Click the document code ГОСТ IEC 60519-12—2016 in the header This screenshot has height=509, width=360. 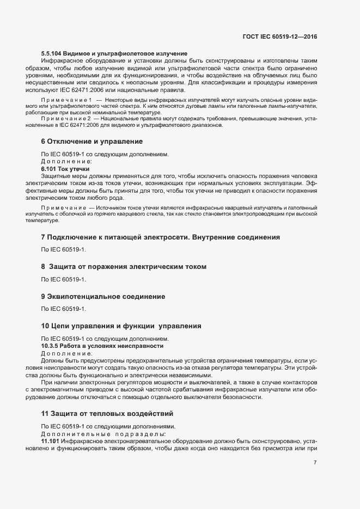point(279,36)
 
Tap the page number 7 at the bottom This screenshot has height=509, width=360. point(315,463)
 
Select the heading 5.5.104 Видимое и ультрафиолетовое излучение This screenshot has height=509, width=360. point(114,53)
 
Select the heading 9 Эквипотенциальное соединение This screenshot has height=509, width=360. point(111,296)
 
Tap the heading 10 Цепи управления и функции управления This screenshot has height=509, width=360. point(121,326)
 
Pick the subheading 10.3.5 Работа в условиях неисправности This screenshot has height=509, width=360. point(102,346)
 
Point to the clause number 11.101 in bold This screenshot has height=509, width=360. point(51,440)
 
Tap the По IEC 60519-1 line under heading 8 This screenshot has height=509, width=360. point(64,279)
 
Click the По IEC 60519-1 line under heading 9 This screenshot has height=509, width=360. point(64,309)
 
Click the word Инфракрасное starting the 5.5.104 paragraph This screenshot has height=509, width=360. point(60,60)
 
